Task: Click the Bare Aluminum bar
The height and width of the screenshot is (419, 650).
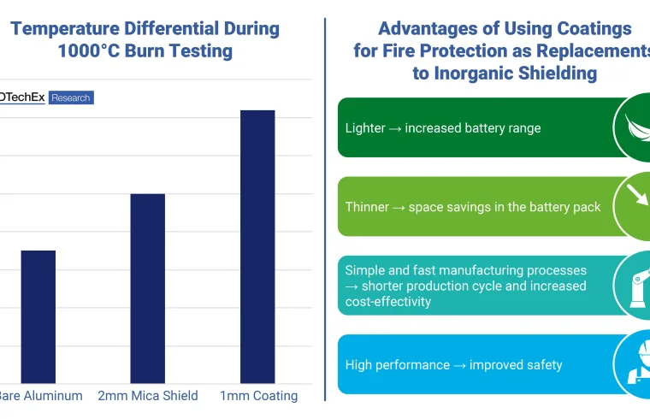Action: (x=38, y=316)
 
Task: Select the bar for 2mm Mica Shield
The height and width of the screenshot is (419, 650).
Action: (x=147, y=288)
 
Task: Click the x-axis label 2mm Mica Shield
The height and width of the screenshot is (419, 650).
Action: (x=148, y=396)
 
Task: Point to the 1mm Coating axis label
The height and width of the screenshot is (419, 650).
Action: (x=258, y=396)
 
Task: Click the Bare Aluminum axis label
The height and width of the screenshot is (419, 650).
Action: (x=41, y=396)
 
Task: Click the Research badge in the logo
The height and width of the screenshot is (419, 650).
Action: (x=70, y=98)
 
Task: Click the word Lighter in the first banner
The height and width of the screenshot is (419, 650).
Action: (x=365, y=128)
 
